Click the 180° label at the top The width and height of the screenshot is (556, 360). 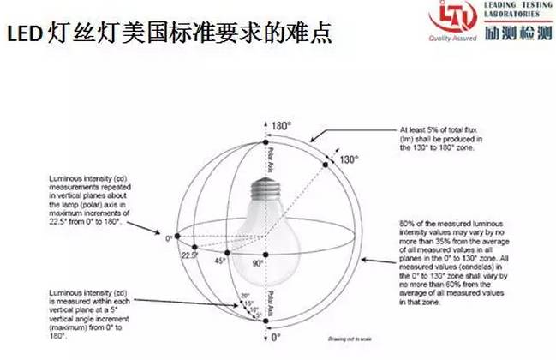[x=282, y=126]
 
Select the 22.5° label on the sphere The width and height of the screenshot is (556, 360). [x=189, y=254]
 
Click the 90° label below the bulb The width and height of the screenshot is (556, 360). [x=258, y=264]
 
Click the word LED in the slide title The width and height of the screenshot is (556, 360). [x=22, y=34]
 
